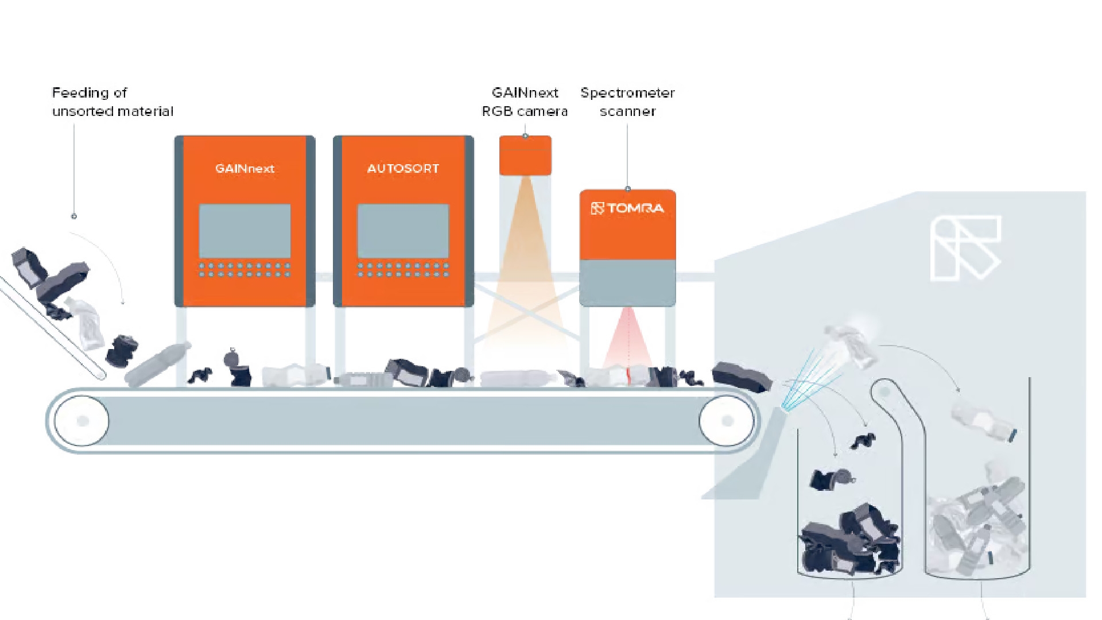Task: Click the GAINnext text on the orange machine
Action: (x=245, y=169)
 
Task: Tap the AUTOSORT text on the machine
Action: (x=403, y=169)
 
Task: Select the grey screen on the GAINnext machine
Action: (x=245, y=231)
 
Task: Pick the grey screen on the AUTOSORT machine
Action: (x=403, y=231)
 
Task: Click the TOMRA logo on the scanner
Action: (x=627, y=208)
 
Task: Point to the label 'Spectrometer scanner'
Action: (x=627, y=102)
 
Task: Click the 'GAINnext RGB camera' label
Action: (x=525, y=102)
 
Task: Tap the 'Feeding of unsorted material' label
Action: (x=112, y=102)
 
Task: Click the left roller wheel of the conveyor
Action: (x=82, y=421)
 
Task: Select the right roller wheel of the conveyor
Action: (x=727, y=421)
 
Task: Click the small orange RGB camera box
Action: (x=525, y=155)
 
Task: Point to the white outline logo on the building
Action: (x=965, y=248)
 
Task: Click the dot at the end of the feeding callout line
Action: (x=74, y=216)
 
